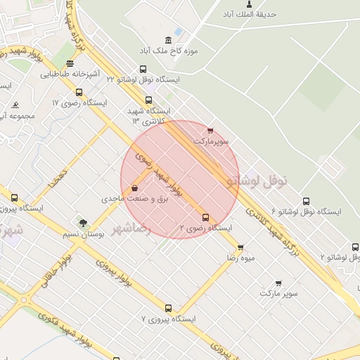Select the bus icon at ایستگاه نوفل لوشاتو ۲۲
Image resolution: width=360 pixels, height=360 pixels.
pyautogui.click(x=143, y=69)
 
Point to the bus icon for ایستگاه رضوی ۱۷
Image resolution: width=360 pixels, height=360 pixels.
pyautogui.click(x=78, y=91)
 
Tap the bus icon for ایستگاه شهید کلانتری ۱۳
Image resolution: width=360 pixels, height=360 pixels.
pyautogui.click(x=148, y=101)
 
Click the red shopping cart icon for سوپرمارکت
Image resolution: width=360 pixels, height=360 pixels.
pyautogui.click(x=210, y=130)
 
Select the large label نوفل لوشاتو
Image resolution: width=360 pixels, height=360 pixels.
pyautogui.click(x=258, y=181)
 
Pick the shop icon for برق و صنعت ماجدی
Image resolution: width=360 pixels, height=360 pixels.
pyautogui.click(x=134, y=188)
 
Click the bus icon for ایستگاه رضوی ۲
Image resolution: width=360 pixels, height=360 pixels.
pyautogui.click(x=205, y=217)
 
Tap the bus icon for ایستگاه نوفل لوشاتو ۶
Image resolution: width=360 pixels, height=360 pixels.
pyautogui.click(x=304, y=200)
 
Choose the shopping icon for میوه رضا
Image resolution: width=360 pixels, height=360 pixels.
pyautogui.click(x=240, y=247)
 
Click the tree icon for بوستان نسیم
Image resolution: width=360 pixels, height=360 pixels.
pyautogui.click(x=83, y=223)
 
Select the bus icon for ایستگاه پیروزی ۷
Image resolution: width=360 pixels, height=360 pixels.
pyautogui.click(x=168, y=308)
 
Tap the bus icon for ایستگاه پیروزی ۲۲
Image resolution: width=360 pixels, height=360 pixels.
pyautogui.click(x=14, y=198)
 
